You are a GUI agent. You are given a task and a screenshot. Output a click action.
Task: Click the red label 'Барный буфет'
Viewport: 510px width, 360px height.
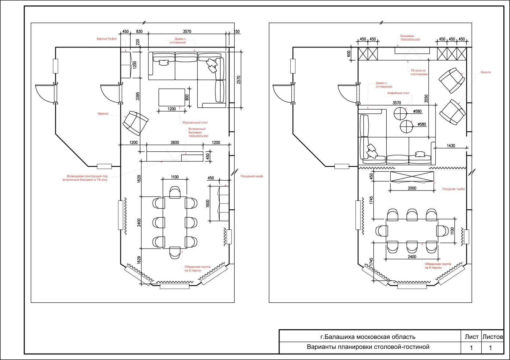pyautogui.click(x=106, y=39)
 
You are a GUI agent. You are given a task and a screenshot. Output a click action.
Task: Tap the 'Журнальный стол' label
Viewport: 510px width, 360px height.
pyautogui.click(x=195, y=122)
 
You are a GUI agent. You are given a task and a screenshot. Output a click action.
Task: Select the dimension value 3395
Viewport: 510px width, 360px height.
pyautogui.click(x=138, y=96)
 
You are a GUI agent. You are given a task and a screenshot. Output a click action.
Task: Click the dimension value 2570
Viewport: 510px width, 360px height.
pyautogui.click(x=238, y=80)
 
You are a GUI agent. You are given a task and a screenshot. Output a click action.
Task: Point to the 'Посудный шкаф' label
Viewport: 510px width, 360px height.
pyautogui.click(x=251, y=176)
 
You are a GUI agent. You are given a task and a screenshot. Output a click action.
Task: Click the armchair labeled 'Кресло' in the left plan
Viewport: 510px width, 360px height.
pyautogui.click(x=135, y=123)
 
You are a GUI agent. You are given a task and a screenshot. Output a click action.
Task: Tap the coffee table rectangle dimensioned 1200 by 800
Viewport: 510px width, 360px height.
pyautogui.click(x=172, y=97)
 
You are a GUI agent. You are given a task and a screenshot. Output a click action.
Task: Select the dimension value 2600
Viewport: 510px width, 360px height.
pyautogui.click(x=175, y=142)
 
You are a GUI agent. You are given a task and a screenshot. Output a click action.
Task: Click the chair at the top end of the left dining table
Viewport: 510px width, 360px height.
pyautogui.click(x=175, y=192)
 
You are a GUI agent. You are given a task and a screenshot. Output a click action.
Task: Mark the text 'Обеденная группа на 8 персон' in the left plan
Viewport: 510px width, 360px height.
pyautogui.click(x=197, y=269)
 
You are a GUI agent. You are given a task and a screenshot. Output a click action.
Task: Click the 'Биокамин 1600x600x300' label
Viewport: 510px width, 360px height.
pyautogui.click(x=410, y=38)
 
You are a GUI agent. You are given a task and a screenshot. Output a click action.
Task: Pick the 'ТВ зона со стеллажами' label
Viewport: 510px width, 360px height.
pyautogui.click(x=419, y=72)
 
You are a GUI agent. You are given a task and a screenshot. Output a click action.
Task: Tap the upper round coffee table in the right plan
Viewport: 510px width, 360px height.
pyautogui.click(x=400, y=113)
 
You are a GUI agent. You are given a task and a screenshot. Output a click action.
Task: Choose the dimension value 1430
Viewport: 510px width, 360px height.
pyautogui.click(x=451, y=146)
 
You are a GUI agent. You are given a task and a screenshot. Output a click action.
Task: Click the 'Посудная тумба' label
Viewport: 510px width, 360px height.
pyautogui.click(x=453, y=189)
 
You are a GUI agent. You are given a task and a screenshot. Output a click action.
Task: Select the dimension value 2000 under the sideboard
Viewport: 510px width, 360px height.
pyautogui.click(x=412, y=188)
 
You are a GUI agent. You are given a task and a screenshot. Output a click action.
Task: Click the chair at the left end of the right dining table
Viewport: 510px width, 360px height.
pyautogui.click(x=382, y=231)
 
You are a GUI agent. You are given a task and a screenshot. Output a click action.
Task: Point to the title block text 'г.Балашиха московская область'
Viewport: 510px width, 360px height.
pyautogui.click(x=368, y=337)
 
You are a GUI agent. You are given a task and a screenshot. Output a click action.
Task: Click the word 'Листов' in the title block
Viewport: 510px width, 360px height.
pyautogui.click(x=492, y=337)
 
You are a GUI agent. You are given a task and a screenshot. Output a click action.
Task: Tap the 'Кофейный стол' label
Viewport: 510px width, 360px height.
pyautogui.click(x=398, y=93)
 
